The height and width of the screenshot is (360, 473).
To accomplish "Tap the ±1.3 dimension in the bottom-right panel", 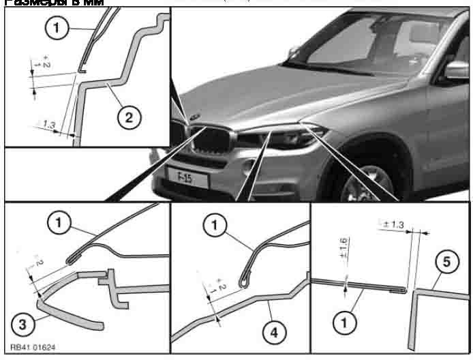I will [x=392, y=224].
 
